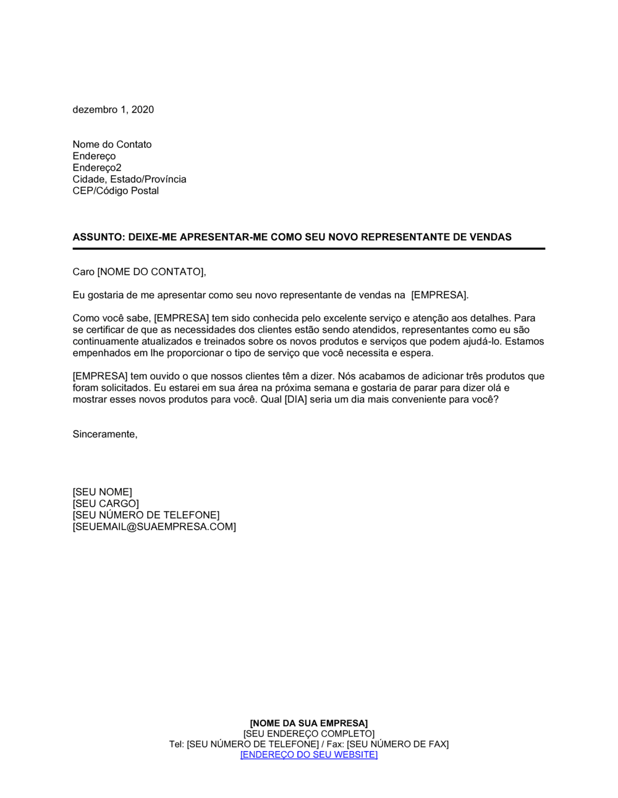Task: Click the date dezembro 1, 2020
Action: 113,109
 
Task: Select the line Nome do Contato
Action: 112,144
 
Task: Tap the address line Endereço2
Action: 97,168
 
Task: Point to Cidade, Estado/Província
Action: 129,179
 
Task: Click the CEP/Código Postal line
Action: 116,191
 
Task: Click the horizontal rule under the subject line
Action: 309,249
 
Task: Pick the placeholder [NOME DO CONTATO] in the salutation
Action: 150,272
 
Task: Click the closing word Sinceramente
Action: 104,434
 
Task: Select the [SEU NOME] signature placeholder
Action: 102,492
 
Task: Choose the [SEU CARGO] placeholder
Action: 106,504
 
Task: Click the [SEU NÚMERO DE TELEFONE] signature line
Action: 146,515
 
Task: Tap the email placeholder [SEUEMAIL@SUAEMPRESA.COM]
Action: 154,526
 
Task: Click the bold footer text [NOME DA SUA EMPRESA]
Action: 309,723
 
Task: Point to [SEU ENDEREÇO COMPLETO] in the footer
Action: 309,734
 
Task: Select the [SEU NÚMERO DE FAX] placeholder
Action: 397,744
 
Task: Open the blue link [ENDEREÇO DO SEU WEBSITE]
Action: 309,755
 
